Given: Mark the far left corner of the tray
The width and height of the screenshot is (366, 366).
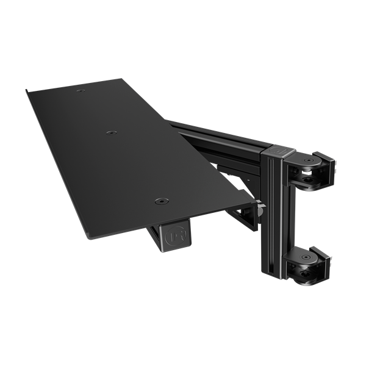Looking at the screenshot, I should pos(27,91).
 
